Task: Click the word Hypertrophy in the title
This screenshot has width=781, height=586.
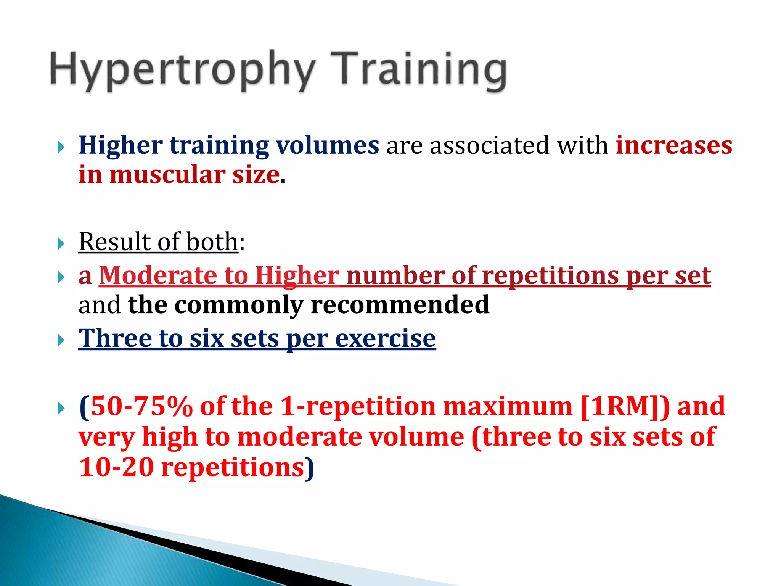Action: pyautogui.click(x=182, y=71)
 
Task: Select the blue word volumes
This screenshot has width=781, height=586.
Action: pyautogui.click(x=327, y=146)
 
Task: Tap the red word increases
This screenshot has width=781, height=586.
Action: pyautogui.click(x=674, y=146)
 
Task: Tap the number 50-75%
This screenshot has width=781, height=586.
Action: pyautogui.click(x=141, y=407)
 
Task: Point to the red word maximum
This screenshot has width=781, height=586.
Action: pyautogui.click(x=508, y=407)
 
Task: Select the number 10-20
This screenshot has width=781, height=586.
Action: pyautogui.click(x=116, y=467)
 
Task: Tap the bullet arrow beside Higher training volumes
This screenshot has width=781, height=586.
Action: pyautogui.click(x=61, y=147)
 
